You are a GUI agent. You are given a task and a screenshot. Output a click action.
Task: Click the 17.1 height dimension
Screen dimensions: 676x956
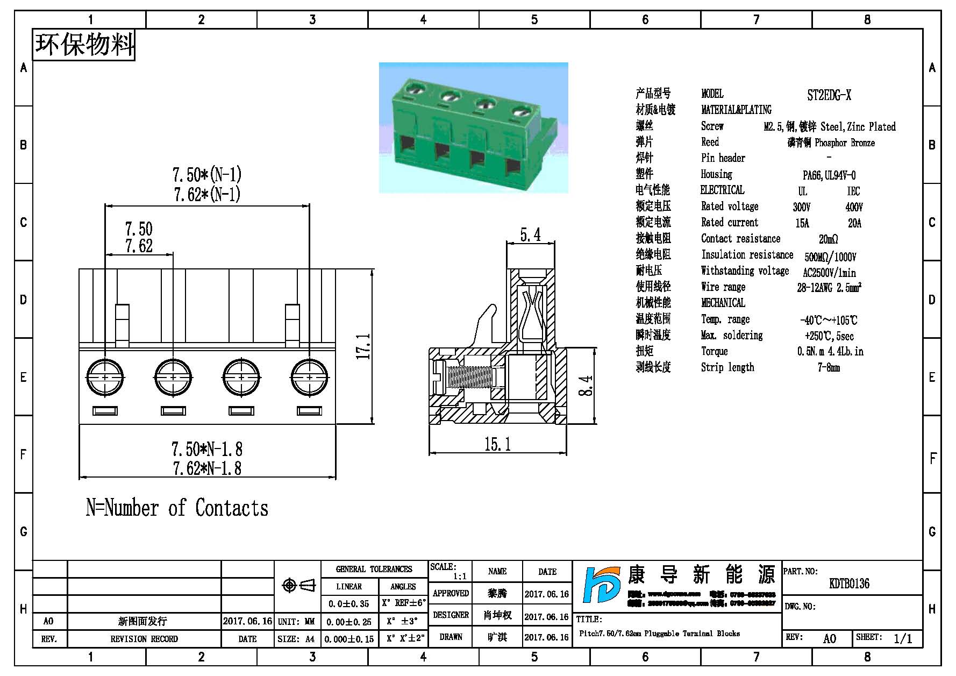click(364, 346)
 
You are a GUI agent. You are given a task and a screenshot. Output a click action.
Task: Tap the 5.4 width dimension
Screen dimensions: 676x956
click(530, 235)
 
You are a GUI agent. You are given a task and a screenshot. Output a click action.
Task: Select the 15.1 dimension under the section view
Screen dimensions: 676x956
click(497, 444)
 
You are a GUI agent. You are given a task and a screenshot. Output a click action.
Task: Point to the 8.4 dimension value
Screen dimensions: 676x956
click(586, 386)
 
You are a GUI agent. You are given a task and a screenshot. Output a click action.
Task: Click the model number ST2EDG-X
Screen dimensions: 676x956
click(829, 96)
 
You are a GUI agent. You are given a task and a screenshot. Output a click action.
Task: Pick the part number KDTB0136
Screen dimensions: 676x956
click(849, 584)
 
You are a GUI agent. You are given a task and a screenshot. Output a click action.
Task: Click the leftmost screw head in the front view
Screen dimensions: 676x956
click(105, 378)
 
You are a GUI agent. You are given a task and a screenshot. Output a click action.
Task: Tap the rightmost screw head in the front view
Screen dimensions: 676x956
click(309, 378)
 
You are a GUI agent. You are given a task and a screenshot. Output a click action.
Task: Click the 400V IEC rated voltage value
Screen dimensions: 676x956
click(854, 207)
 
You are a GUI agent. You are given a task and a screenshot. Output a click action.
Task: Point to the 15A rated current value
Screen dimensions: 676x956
click(802, 223)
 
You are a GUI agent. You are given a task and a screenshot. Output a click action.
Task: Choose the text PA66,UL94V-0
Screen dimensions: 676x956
click(829, 175)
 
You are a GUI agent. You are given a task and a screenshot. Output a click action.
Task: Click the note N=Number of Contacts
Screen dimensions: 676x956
click(177, 508)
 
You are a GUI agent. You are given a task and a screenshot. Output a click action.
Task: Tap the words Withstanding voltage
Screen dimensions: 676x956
click(745, 271)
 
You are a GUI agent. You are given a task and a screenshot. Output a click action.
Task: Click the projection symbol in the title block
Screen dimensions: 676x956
click(298, 585)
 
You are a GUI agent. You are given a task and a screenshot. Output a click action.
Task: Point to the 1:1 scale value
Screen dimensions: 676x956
click(460, 577)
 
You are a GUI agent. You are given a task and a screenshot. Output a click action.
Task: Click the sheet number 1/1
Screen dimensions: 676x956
click(903, 638)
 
